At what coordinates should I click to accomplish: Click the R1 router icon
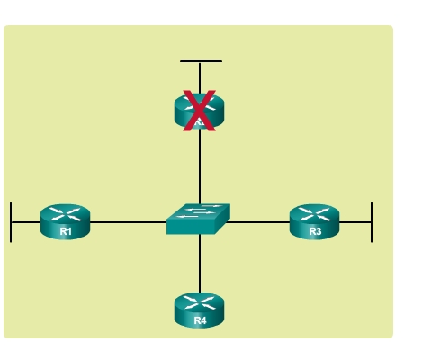pos(65,221)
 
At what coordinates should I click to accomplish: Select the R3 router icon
pos(314,221)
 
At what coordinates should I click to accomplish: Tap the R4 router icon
pos(199,310)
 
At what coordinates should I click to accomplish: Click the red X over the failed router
pos(199,111)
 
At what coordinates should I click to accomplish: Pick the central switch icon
pos(198,219)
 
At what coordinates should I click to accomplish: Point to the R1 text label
pos(66,231)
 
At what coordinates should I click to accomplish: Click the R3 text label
pos(315,231)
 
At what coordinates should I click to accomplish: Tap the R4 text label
pos(200,320)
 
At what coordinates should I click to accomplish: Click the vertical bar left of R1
pos(11,222)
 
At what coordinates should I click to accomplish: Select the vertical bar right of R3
pos(372,222)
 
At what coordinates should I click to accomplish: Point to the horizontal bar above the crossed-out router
pos(201,61)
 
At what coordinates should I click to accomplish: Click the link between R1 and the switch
pos(129,222)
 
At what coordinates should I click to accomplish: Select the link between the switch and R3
pos(257,222)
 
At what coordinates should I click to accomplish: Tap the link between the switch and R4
pos(200,264)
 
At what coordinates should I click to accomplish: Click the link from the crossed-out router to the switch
pos(200,166)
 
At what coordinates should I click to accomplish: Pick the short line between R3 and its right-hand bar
pos(355,222)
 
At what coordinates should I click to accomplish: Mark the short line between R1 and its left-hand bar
pos(26,222)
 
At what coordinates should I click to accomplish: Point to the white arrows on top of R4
pos(199,302)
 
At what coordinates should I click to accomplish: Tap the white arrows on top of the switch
pos(199,211)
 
